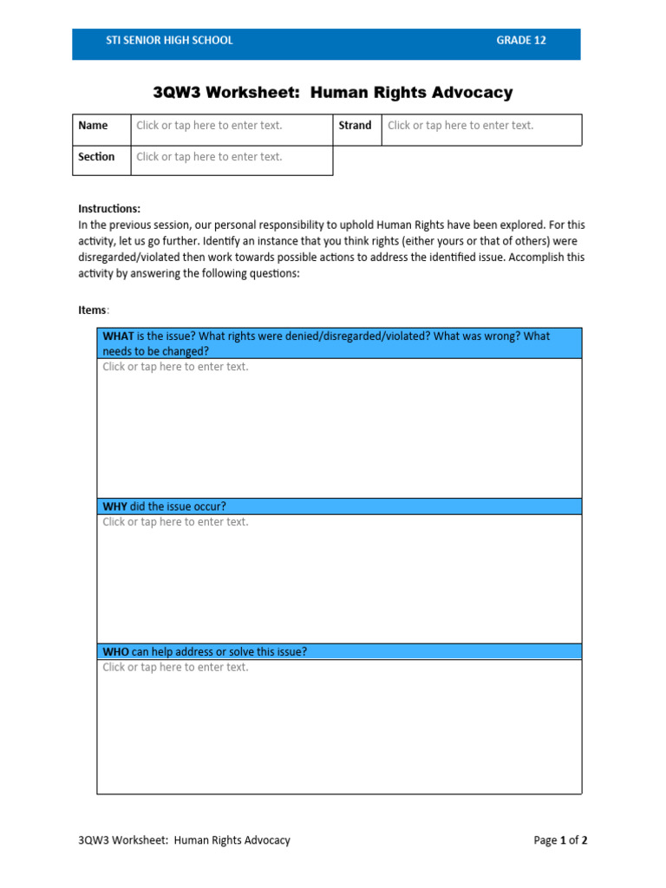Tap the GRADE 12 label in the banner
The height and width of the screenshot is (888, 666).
point(520,41)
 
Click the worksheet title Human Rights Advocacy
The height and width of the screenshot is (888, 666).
point(332,93)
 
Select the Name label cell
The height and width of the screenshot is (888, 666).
point(94,126)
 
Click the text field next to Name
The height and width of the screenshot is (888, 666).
point(209,126)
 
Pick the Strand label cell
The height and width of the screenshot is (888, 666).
point(355,126)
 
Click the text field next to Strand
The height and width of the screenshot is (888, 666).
point(460,126)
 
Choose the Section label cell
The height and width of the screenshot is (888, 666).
point(96,157)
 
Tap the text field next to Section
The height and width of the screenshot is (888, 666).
point(209,157)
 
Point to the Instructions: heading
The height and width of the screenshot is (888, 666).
point(109,209)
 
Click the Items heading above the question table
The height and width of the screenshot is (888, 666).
point(93,310)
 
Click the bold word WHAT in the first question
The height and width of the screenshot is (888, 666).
point(118,336)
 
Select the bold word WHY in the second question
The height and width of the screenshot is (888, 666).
point(115,506)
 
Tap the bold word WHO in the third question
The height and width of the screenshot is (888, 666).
point(116,652)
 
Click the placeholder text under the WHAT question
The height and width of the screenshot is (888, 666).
point(175,367)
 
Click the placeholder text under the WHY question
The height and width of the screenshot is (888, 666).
point(175,522)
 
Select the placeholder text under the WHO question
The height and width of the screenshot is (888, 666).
point(175,668)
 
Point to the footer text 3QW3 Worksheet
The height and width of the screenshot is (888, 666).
point(184,840)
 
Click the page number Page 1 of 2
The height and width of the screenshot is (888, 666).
point(560,840)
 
